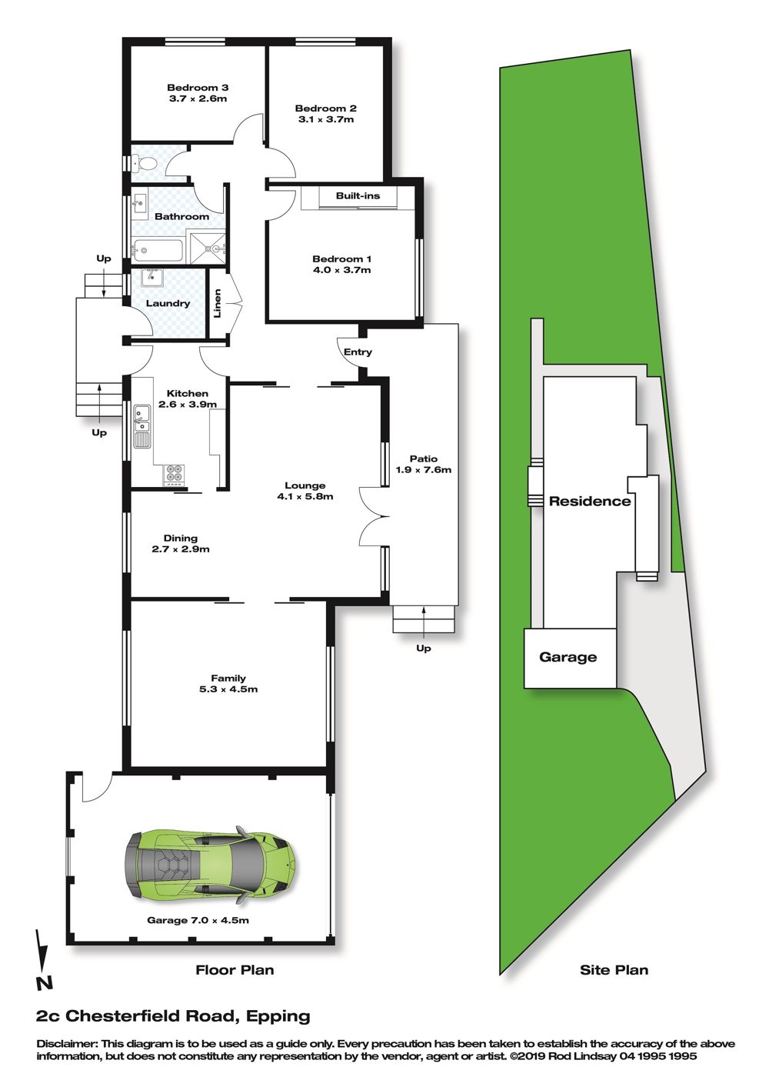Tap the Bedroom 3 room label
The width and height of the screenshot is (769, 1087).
198,88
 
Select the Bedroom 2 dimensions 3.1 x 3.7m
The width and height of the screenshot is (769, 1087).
325,119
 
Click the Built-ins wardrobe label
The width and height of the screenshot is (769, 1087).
358,196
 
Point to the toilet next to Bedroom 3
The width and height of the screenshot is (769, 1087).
144,164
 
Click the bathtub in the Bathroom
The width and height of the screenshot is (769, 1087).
158,250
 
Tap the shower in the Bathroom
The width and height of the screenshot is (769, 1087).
208,248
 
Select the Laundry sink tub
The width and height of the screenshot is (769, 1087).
152,278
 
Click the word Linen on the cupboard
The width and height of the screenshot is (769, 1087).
218,303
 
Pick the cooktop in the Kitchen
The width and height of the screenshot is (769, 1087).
175,475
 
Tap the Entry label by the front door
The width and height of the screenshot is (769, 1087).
358,352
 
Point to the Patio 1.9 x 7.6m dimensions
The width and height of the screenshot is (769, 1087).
424,470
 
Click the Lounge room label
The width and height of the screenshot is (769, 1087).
305,485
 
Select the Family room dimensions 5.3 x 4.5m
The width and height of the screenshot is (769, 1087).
228,689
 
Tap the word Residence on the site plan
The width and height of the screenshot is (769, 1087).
590,502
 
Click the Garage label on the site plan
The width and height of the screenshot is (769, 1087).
568,657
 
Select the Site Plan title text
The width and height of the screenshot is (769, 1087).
614,970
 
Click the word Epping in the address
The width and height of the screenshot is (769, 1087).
278,1016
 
